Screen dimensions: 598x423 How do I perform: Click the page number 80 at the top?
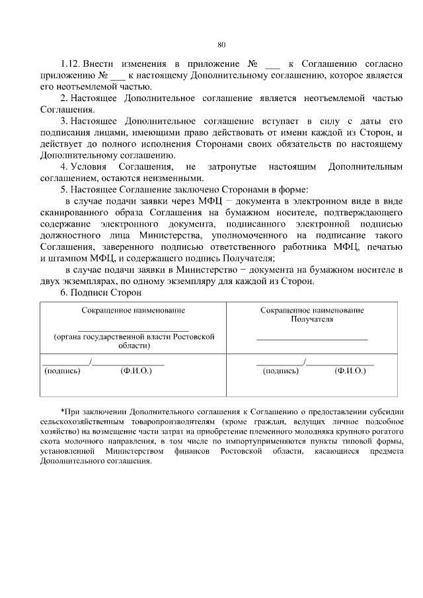click(221, 44)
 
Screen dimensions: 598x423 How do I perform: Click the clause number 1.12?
click(69, 64)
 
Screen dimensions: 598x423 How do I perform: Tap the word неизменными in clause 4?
click(176, 178)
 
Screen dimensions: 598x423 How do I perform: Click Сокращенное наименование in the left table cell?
click(133, 309)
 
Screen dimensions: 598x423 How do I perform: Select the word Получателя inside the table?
click(311, 318)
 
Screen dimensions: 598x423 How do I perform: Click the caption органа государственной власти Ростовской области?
click(134, 341)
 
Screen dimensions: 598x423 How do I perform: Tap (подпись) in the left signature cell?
click(62, 371)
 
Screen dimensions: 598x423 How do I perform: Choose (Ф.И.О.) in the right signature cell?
click(350, 371)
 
